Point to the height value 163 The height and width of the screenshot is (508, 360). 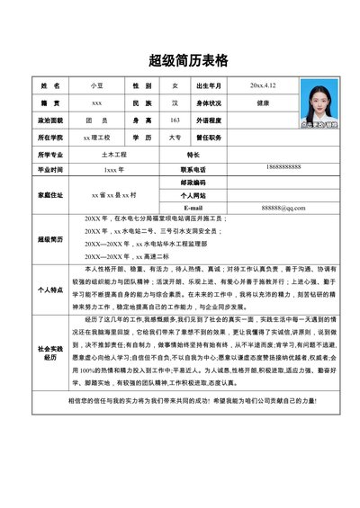(175, 120)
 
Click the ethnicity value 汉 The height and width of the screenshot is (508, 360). (175, 102)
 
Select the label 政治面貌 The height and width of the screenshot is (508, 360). (49, 120)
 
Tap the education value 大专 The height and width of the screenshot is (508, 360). (175, 138)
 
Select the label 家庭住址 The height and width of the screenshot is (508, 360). (49, 194)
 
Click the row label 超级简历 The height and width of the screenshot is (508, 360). (49, 239)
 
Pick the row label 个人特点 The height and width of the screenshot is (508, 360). (49, 289)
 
